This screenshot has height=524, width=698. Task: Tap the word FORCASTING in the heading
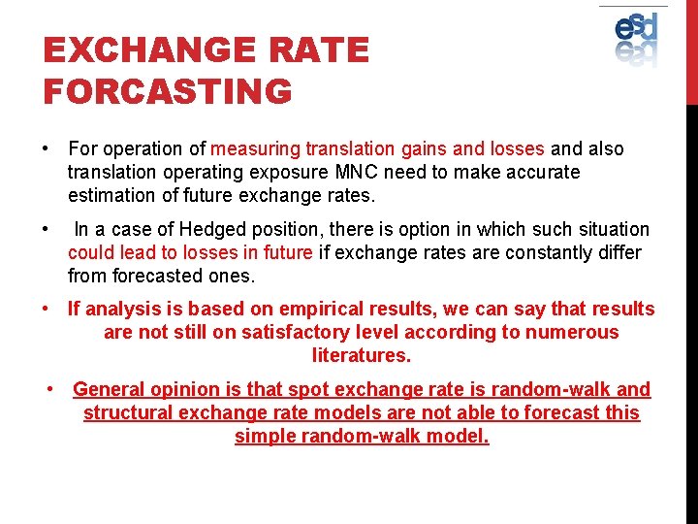coord(167,92)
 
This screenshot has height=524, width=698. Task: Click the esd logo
coord(636,38)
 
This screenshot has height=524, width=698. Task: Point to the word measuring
coord(255,149)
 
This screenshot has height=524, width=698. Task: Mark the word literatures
coord(361,356)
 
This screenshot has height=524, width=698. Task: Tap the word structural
coord(124,413)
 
